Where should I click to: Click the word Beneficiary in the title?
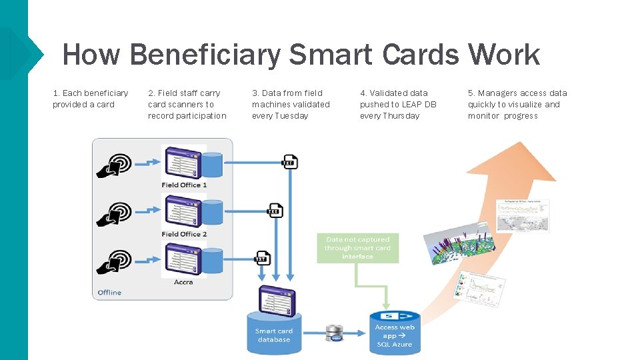point(205,54)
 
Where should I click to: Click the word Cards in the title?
point(421,54)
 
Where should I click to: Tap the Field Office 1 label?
point(184,185)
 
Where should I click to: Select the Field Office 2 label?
point(184,234)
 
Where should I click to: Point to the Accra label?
point(183,282)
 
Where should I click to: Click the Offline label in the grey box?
point(110,292)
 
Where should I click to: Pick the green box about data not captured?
point(357,248)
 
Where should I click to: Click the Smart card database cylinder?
point(274,332)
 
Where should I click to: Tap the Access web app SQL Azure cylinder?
point(395,333)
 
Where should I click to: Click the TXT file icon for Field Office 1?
point(290,162)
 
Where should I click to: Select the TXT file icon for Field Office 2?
point(275,211)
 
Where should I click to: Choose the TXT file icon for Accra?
point(263,258)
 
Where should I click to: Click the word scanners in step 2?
point(183,105)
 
